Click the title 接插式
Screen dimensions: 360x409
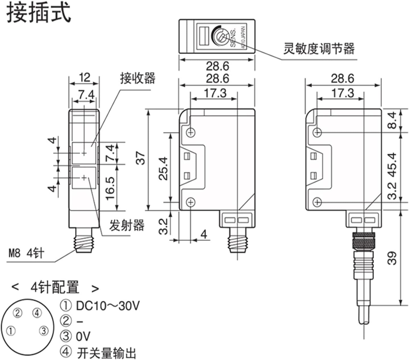click(x=39, y=13)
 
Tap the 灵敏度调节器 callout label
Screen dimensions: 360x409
click(x=319, y=49)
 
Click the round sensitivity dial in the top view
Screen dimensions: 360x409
click(x=221, y=36)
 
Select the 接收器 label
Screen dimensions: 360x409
click(x=138, y=78)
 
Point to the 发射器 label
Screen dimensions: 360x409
click(x=127, y=225)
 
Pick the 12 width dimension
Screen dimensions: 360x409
click(x=84, y=77)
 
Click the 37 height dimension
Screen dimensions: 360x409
click(x=141, y=159)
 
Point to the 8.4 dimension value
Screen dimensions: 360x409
click(x=392, y=120)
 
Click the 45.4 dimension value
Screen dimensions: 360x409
click(x=392, y=165)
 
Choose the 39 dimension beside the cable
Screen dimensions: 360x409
click(x=392, y=258)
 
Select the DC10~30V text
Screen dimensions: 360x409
click(x=108, y=306)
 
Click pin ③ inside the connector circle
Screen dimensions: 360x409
click(x=44, y=331)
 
